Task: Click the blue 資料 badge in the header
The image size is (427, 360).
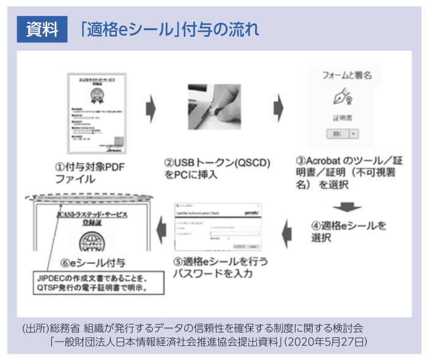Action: (x=42, y=29)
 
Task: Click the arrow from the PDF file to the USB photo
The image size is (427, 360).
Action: (x=150, y=108)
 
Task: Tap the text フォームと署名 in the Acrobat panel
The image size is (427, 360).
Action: (x=347, y=76)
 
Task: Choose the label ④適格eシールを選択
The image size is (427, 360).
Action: (x=348, y=231)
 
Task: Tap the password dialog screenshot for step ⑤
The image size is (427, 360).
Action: (x=217, y=228)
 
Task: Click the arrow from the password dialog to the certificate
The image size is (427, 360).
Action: (x=160, y=230)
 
